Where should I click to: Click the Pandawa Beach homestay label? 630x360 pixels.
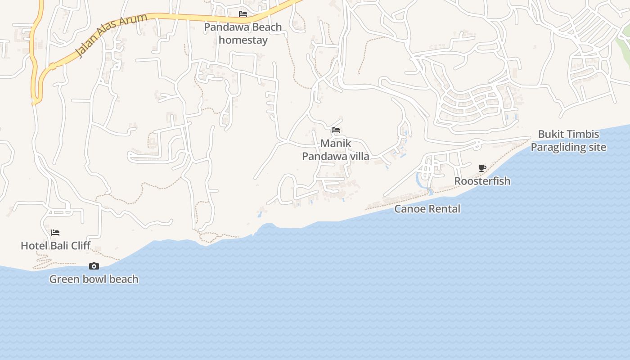pyautogui.click(x=243, y=33)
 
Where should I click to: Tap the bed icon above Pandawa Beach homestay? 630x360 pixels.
pyautogui.click(x=243, y=14)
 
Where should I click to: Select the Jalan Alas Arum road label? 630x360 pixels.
pyautogui.click(x=111, y=36)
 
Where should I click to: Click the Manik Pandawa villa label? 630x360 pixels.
pyautogui.click(x=335, y=150)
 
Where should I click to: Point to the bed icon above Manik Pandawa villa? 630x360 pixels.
pyautogui.click(x=336, y=130)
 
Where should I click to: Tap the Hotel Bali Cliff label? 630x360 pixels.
pyautogui.click(x=56, y=246)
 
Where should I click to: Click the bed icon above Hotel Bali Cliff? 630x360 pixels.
pyautogui.click(x=55, y=233)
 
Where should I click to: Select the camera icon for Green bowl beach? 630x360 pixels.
pyautogui.click(x=94, y=266)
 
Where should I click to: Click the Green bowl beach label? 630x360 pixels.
pyautogui.click(x=94, y=279)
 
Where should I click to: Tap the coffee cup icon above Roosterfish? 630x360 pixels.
pyautogui.click(x=482, y=168)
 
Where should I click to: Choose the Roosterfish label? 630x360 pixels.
pyautogui.click(x=482, y=181)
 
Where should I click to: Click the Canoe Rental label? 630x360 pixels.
pyautogui.click(x=427, y=209)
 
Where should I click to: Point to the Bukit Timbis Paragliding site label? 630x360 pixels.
pyautogui.click(x=568, y=141)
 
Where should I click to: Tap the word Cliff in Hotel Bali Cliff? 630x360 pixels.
pyautogui.click(x=80, y=246)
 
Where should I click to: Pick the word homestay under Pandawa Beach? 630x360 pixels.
pyautogui.click(x=243, y=40)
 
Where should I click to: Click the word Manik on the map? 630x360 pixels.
pyautogui.click(x=336, y=144)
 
